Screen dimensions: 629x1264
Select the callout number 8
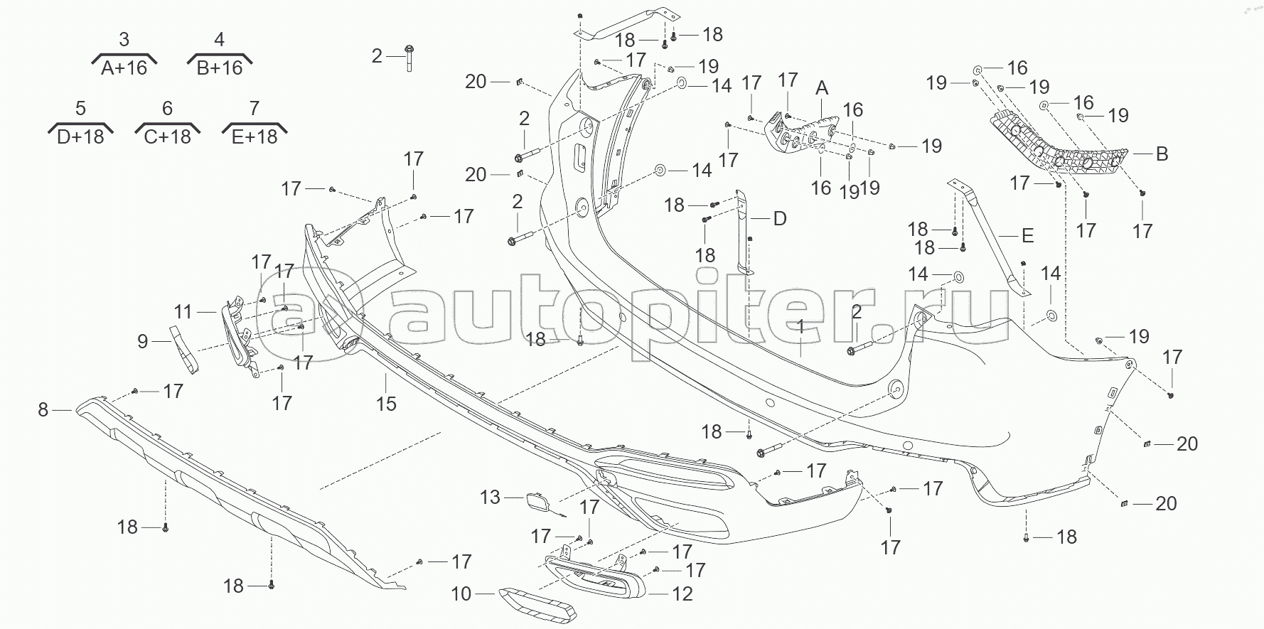(43, 409)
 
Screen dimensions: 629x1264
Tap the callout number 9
(143, 342)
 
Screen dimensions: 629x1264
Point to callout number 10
(461, 593)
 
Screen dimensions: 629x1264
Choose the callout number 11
(183, 311)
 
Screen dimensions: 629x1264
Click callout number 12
(682, 593)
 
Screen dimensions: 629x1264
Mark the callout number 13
(490, 497)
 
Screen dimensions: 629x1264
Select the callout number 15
(386, 404)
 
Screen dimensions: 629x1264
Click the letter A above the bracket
(822, 88)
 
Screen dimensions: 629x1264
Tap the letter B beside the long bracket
(1162, 154)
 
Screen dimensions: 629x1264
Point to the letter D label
(780, 218)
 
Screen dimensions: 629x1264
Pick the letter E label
(1027, 235)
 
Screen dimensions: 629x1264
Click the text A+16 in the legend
(124, 68)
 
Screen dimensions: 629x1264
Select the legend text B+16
(220, 68)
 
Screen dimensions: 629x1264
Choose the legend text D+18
(80, 136)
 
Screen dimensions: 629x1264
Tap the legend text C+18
(168, 136)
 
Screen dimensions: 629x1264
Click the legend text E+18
(255, 136)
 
